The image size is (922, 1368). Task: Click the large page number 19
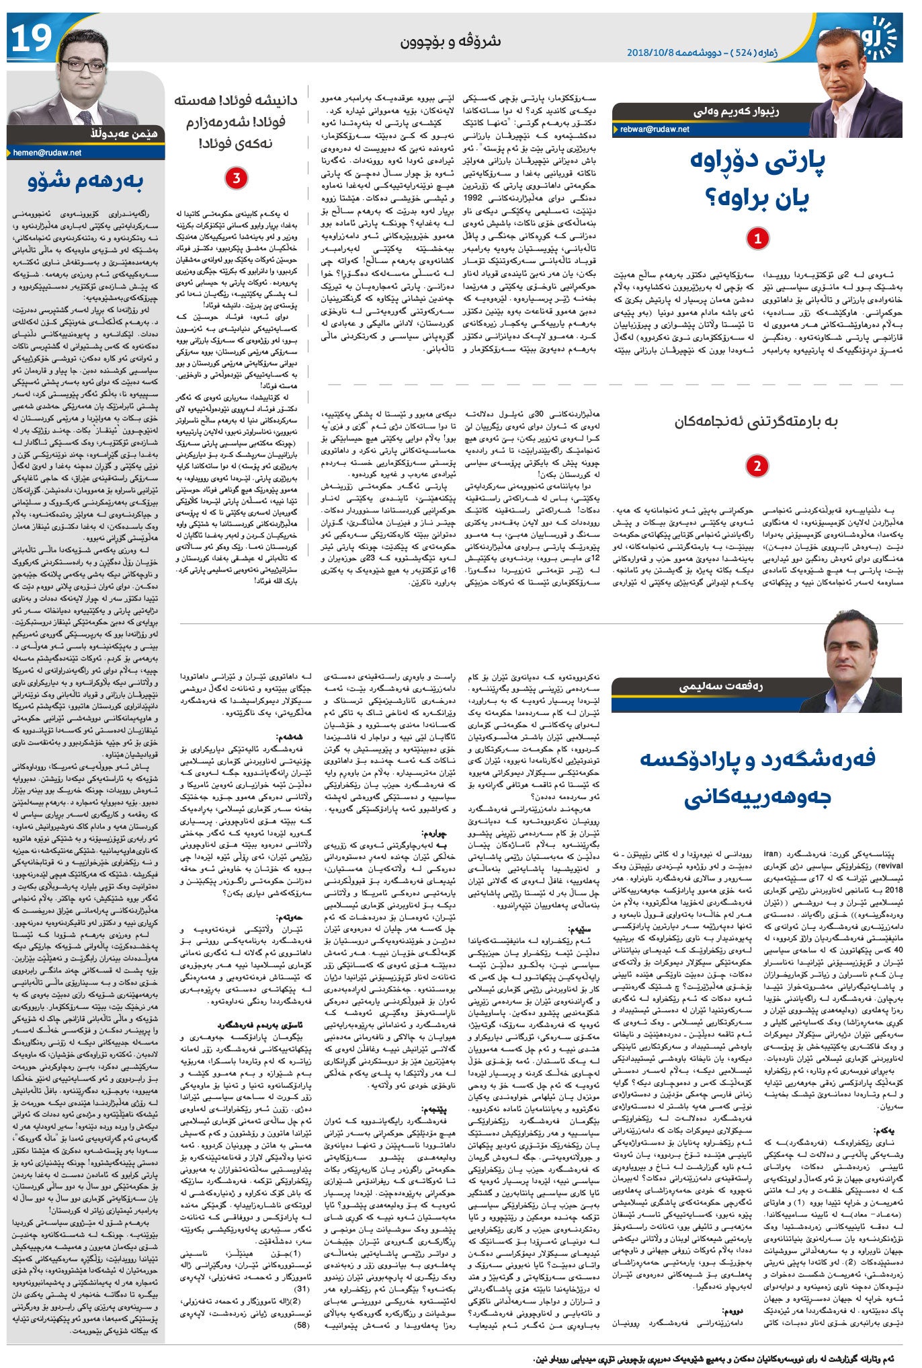[x=31, y=40]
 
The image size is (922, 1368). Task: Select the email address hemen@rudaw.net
[x=47, y=153]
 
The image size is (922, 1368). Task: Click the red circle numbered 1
[x=758, y=238]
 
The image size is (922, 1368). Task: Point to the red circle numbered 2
[x=757, y=466]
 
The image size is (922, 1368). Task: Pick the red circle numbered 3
[x=237, y=178]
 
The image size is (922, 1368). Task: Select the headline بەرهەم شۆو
[x=85, y=182]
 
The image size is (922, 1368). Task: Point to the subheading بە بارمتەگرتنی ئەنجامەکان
[x=756, y=422]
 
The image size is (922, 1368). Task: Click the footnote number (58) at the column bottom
[x=302, y=1325]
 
